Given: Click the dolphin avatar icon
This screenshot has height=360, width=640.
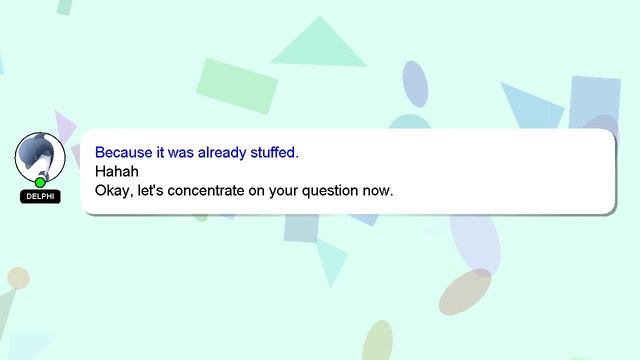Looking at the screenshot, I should pyautogui.click(x=40, y=156).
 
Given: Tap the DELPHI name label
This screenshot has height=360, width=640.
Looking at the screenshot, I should pyautogui.click(x=40, y=197).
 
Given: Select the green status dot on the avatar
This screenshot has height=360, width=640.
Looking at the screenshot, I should pyautogui.click(x=40, y=182).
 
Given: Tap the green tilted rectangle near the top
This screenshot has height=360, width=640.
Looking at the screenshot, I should pyautogui.click(x=237, y=86).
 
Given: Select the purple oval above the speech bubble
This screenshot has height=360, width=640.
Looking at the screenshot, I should pyautogui.click(x=414, y=84).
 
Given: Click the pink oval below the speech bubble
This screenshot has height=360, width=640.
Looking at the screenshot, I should pyautogui.click(x=465, y=291).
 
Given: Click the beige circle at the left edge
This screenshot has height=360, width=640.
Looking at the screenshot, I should pyautogui.click(x=17, y=278).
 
